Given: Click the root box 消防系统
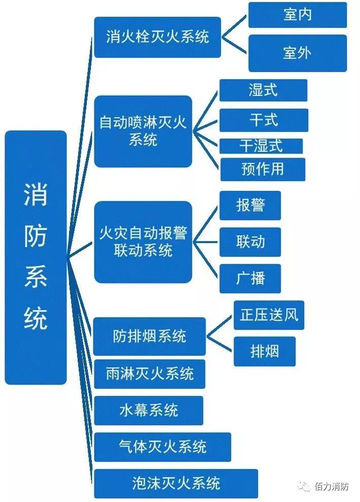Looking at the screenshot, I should click(x=36, y=257).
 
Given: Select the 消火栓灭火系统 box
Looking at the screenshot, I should click(x=157, y=37).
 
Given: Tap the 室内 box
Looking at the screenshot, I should click(x=297, y=15).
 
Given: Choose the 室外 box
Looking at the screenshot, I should click(x=297, y=53).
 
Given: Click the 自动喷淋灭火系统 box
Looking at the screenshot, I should click(x=143, y=131).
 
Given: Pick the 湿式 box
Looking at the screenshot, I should click(x=263, y=90).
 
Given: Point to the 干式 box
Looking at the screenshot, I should click(x=264, y=120).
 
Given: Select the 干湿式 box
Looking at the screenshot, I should click(x=261, y=146).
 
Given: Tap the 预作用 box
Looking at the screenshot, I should click(x=263, y=169).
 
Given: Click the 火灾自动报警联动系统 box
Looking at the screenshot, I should click(x=143, y=242).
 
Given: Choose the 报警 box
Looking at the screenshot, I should click(x=250, y=205).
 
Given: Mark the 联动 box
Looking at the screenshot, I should click(x=250, y=242).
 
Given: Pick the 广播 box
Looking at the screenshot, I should click(x=250, y=278).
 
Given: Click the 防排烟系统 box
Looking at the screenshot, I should click(x=149, y=336).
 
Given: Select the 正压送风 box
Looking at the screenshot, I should click(x=269, y=315).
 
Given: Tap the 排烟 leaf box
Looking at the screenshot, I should click(x=265, y=351).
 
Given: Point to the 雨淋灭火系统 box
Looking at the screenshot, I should click(x=150, y=374).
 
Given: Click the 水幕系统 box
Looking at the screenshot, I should click(x=148, y=410).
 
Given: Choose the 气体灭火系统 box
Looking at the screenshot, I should click(x=162, y=447).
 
